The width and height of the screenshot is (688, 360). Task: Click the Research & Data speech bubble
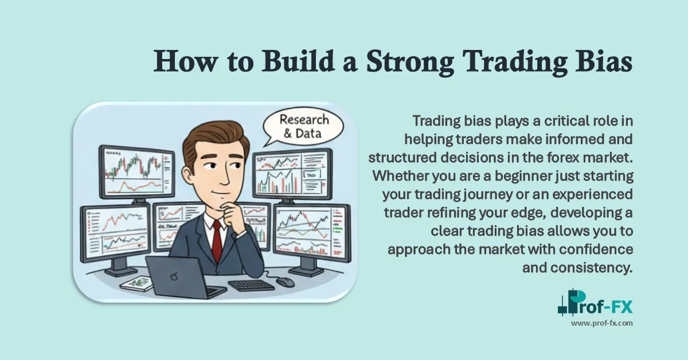(302, 127)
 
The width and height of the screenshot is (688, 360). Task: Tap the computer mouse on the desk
(284, 281)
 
